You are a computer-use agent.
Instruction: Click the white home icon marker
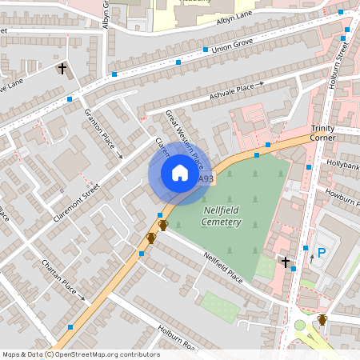pos(179,172)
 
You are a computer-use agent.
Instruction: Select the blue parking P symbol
pos(322,253)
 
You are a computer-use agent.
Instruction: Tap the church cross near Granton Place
pos(62,69)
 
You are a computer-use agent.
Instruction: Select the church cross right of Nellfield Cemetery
pos(286,262)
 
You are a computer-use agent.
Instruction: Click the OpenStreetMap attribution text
pos(81,354)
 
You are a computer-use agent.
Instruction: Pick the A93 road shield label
pos(206,179)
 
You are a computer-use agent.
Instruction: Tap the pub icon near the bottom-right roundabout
pos(322,319)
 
